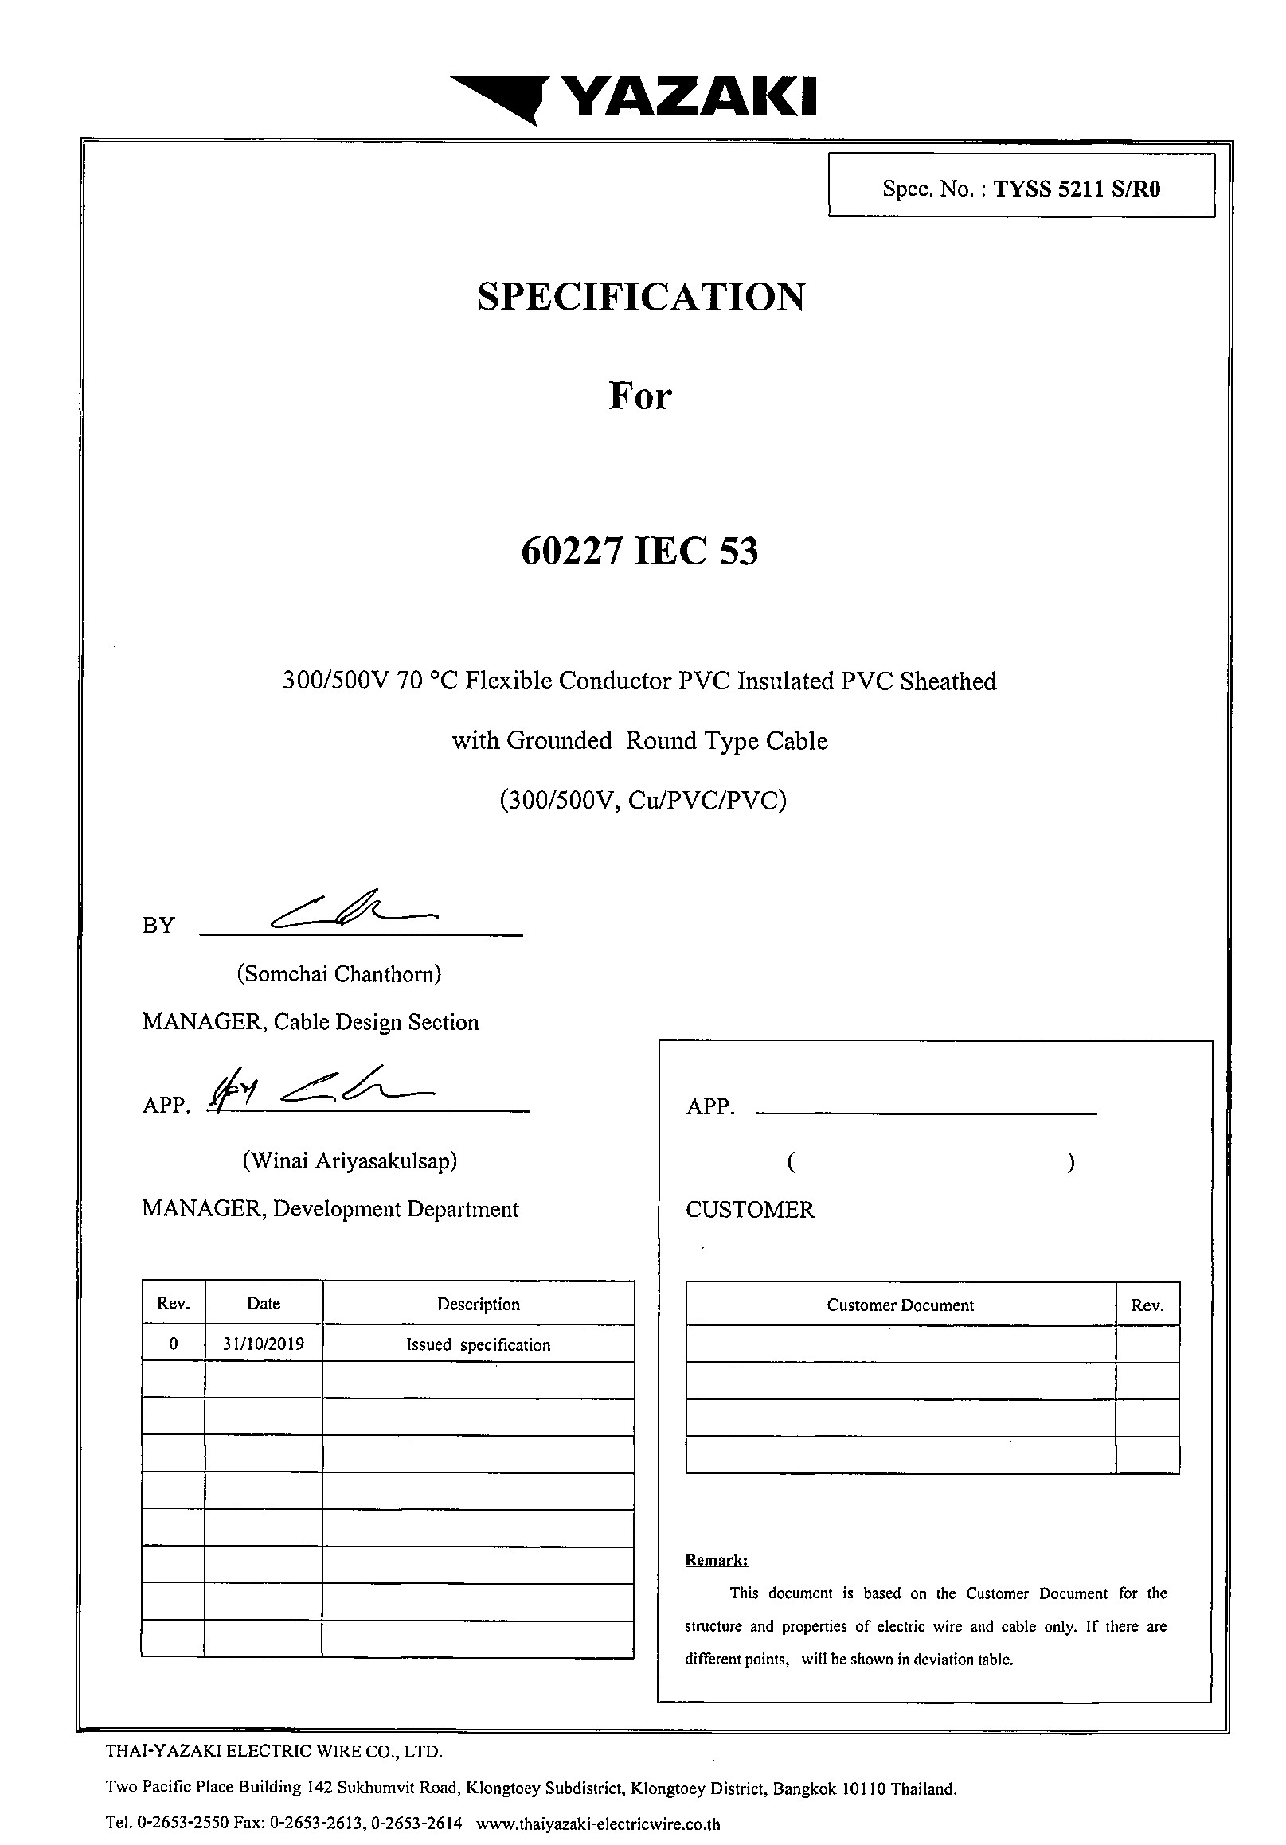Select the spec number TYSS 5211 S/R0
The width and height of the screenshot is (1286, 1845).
[1077, 189]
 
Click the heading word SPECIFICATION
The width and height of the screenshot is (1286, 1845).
[640, 297]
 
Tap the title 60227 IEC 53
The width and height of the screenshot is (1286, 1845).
[639, 552]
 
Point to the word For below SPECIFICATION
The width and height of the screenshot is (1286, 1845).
[639, 396]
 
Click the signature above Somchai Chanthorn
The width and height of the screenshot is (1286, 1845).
[354, 911]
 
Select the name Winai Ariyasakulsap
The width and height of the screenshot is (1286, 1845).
[350, 1160]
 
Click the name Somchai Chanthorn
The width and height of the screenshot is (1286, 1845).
[339, 974]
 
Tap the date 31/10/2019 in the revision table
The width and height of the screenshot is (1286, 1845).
[264, 1344]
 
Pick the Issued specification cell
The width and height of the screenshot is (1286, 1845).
[479, 1344]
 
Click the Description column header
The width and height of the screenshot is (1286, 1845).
[479, 1304]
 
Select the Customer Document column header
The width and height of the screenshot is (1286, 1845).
[900, 1305]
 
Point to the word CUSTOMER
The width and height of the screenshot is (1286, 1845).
[750, 1209]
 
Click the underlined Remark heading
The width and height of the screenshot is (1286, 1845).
[716, 1560]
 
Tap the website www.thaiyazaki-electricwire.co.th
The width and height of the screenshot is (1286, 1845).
[598, 1824]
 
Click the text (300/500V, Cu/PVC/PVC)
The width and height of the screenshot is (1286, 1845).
[642, 801]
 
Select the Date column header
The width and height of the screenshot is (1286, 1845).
[264, 1304]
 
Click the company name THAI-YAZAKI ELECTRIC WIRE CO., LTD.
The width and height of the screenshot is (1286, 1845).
[274, 1750]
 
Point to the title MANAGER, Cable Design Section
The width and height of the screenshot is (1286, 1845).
[311, 1022]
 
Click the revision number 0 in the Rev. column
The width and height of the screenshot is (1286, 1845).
[174, 1344]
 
